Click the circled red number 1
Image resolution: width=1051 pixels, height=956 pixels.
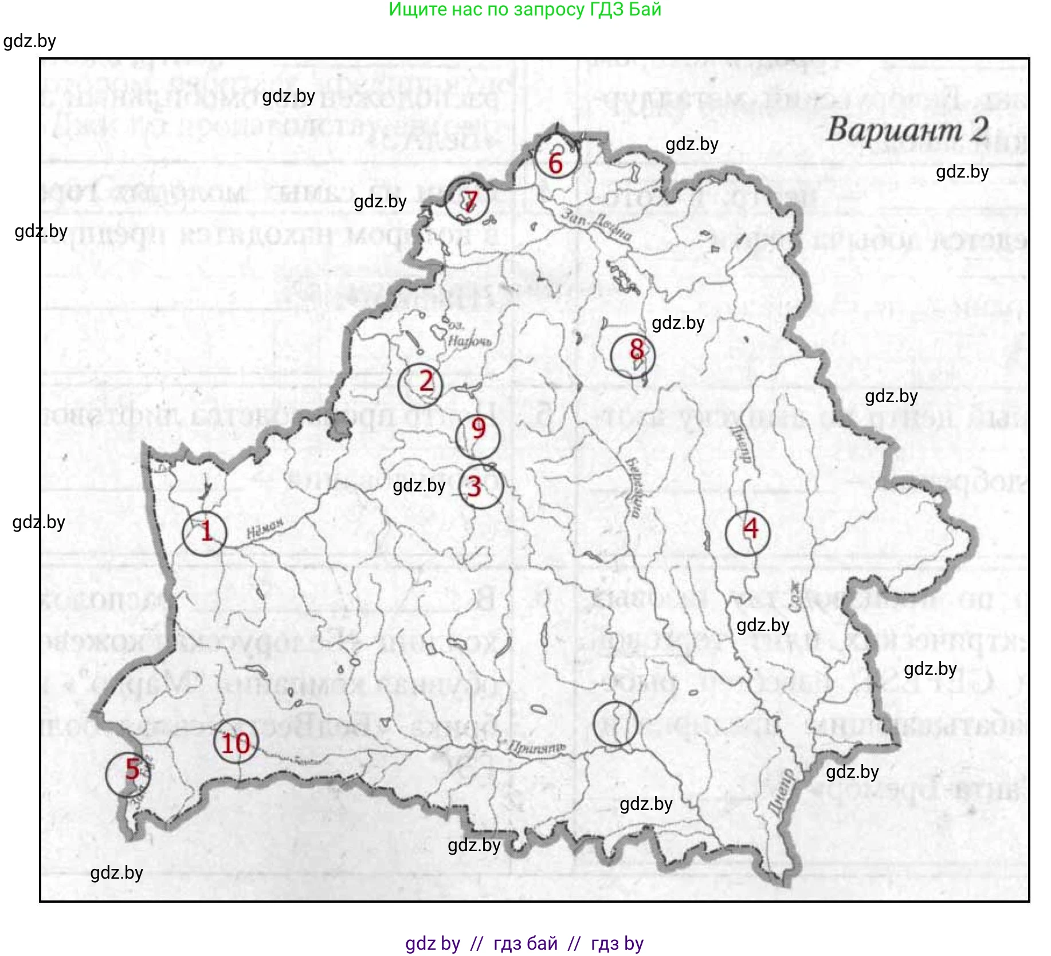tap(205, 533)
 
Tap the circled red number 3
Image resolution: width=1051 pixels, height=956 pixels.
tap(481, 487)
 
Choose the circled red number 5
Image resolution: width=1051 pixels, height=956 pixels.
tap(128, 773)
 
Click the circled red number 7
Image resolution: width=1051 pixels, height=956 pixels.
tap(468, 200)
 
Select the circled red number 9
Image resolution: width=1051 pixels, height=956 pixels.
tap(478, 436)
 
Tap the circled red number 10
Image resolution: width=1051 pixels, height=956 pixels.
tap(236, 742)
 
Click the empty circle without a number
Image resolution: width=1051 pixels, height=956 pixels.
tap(615, 724)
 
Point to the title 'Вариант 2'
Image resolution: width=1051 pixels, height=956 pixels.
tap(908, 130)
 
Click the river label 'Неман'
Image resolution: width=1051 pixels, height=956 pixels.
tap(265, 528)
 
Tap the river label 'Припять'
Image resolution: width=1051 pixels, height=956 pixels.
tap(537, 747)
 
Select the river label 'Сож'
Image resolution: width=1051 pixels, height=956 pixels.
tap(795, 596)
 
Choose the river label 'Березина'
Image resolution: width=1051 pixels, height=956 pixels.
tap(634, 487)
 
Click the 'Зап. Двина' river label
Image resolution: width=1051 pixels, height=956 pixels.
tap(596, 225)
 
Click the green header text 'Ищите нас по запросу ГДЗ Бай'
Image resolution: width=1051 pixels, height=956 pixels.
tap(525, 10)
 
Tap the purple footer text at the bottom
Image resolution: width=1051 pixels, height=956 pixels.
tap(524, 943)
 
